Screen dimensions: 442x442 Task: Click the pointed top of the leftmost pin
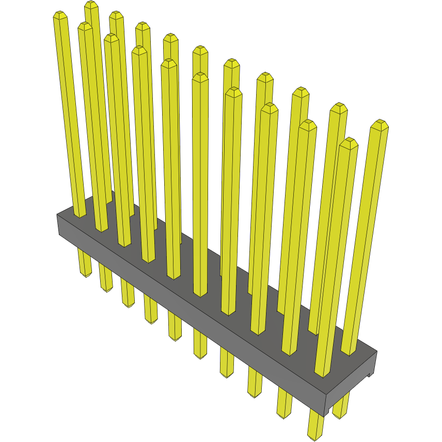(60, 15)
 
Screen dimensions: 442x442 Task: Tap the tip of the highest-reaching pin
(91, 5)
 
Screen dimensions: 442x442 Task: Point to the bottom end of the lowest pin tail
(315, 438)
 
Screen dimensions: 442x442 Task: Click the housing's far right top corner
(376, 352)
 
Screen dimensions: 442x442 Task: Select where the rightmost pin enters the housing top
(349, 353)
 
